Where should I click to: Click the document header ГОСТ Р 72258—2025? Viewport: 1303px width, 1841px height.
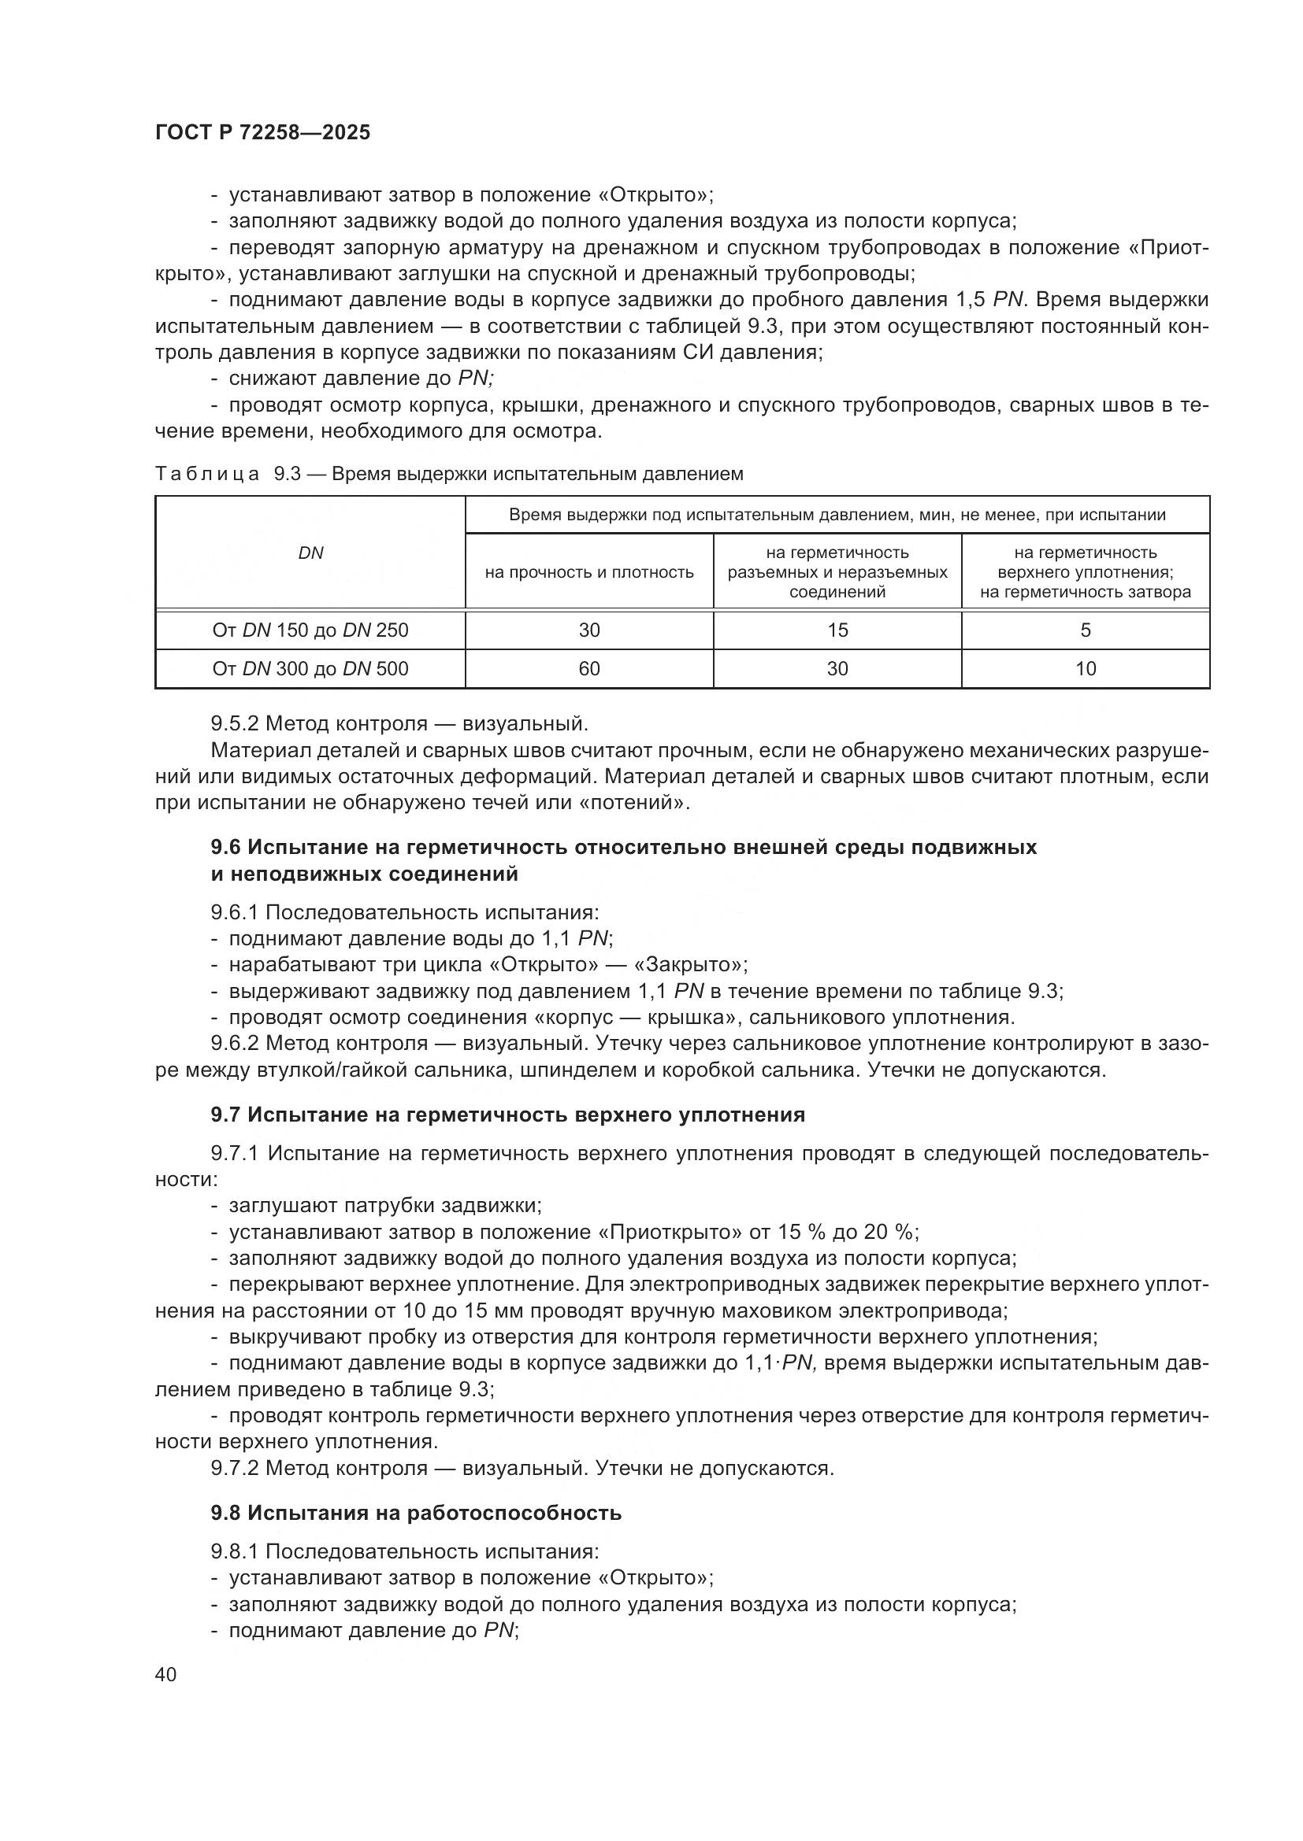click(x=262, y=133)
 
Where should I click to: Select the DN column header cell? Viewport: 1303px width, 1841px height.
click(x=310, y=553)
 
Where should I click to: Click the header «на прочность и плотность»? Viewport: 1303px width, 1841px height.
click(x=589, y=572)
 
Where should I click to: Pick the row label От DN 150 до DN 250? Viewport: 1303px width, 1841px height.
click(x=310, y=630)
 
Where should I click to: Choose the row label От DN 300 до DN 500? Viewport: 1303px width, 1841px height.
click(x=310, y=669)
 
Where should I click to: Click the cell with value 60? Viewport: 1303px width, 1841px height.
click(x=589, y=669)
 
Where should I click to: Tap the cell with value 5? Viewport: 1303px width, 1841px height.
click(x=1085, y=630)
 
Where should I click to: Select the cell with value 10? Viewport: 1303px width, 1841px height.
click(x=1085, y=669)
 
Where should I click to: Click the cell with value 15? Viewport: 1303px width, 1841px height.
click(x=837, y=630)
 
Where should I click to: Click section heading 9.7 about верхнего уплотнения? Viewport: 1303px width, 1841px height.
click(x=508, y=1115)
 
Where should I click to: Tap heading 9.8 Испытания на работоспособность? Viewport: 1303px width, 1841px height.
click(x=416, y=1513)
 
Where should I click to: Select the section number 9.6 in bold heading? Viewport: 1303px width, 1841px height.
click(x=226, y=848)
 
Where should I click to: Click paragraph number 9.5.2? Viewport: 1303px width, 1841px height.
click(x=235, y=724)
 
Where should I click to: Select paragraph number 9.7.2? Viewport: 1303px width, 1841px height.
click(x=235, y=1468)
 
